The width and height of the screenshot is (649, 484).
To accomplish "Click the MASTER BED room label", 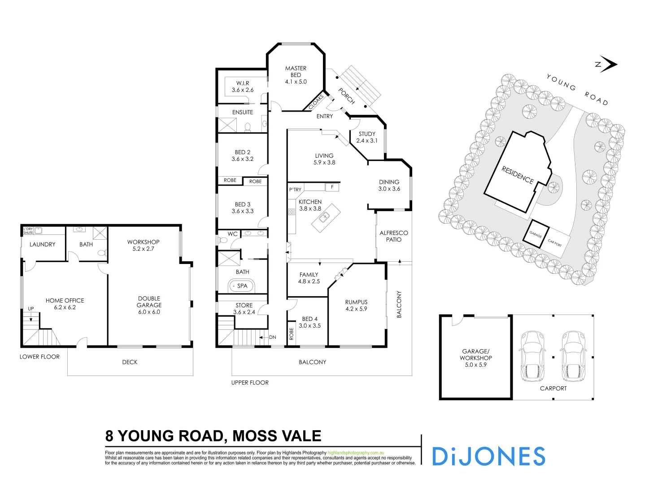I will click(296, 75).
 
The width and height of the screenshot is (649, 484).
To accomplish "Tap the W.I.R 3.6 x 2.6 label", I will click(243, 86).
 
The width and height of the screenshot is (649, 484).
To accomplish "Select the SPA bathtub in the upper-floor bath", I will click(242, 286).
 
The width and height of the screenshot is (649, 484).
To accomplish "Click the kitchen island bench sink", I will click(325, 217).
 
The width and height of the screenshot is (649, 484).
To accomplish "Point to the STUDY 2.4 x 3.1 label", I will click(367, 137).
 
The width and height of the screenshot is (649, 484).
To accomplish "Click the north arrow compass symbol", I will click(606, 64).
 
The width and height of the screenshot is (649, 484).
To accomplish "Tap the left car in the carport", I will click(532, 356).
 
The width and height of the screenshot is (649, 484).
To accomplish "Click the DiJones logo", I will click(488, 456).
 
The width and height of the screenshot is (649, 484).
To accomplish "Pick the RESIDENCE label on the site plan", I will click(517, 175).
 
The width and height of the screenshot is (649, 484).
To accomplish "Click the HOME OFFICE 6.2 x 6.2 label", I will click(65, 304).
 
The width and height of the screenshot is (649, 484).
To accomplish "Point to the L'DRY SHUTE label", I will click(28, 231).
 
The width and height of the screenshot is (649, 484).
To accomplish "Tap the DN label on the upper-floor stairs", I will click(273, 337).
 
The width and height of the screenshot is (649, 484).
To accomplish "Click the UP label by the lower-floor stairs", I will click(31, 308).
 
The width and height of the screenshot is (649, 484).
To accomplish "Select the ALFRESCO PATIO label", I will click(393, 236).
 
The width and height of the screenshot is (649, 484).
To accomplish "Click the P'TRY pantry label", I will click(295, 190).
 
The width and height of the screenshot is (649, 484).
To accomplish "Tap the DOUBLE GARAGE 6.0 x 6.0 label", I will click(149, 305).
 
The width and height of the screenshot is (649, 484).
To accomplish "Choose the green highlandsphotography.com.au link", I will click(355, 453).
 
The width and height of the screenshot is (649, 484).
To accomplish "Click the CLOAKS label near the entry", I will click(316, 102).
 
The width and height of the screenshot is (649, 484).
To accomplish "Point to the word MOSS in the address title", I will click(253, 436).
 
